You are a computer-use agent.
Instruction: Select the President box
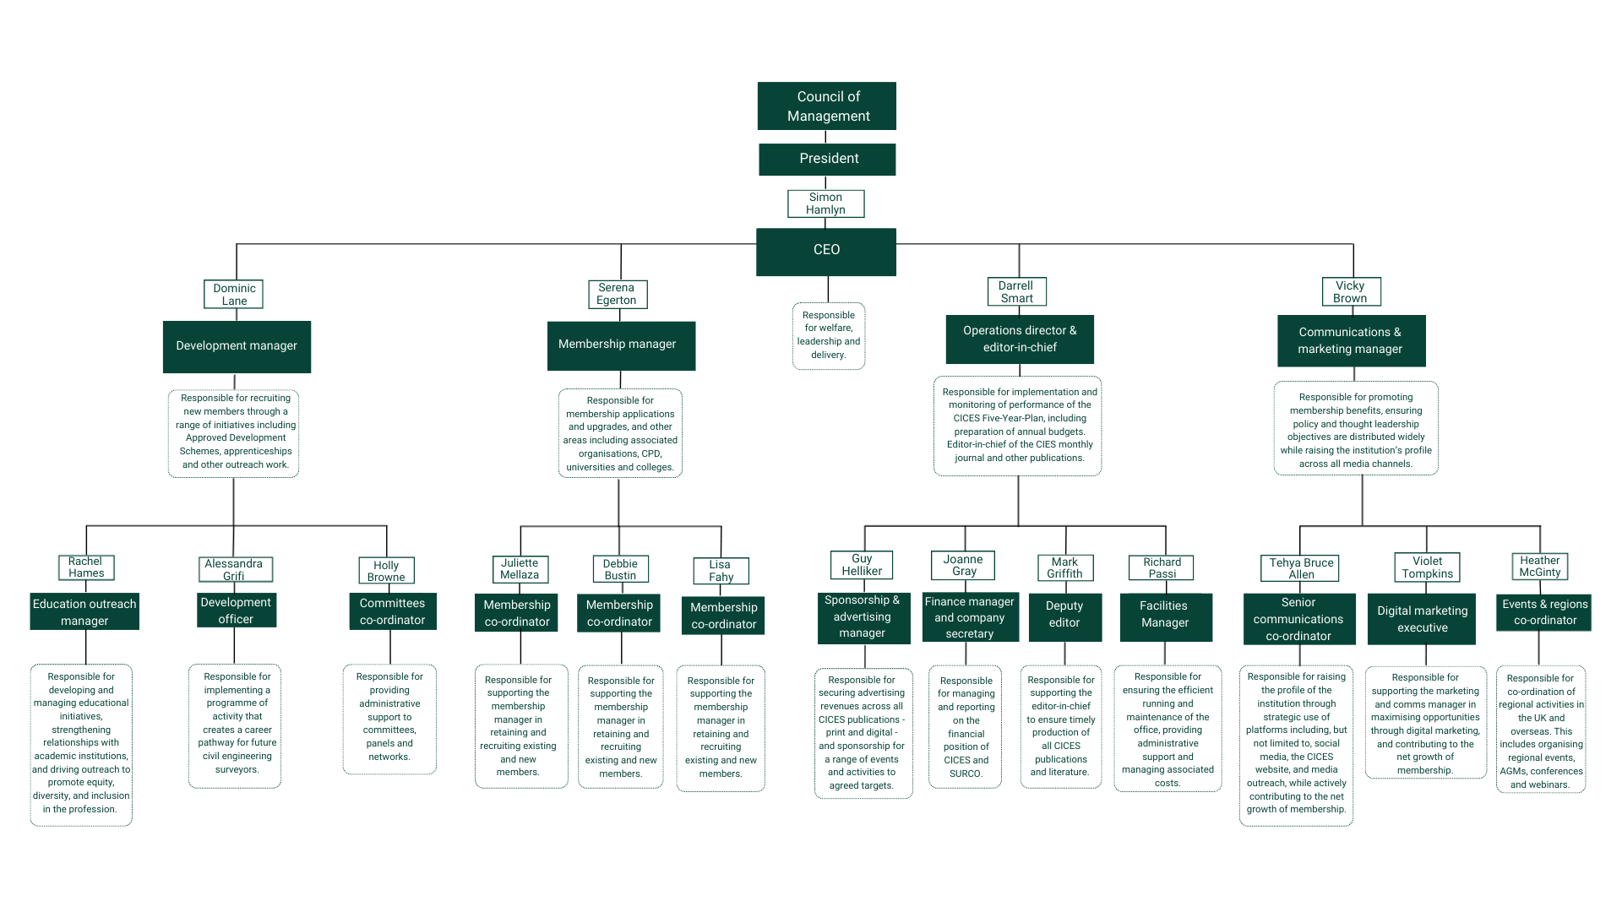click(x=827, y=159)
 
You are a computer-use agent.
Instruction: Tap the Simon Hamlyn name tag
click(x=825, y=204)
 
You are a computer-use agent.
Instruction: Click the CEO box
click(x=825, y=251)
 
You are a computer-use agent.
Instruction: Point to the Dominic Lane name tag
click(x=234, y=295)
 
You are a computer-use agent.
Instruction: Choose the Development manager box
click(x=237, y=346)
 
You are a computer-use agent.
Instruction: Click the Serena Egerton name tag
click(x=617, y=294)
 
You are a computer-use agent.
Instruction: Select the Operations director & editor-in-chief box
click(x=1020, y=339)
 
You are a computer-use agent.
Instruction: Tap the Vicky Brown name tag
click(x=1350, y=292)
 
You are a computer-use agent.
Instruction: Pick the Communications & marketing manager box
click(x=1350, y=341)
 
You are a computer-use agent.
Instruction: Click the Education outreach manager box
click(x=84, y=612)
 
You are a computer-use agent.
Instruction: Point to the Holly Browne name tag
click(x=386, y=571)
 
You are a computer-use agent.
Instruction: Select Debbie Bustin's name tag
click(x=620, y=569)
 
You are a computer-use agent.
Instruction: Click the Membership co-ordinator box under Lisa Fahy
click(x=723, y=616)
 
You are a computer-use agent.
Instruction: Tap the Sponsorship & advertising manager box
click(x=863, y=617)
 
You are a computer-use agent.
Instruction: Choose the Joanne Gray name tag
click(x=963, y=565)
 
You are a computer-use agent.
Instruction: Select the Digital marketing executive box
click(x=1422, y=620)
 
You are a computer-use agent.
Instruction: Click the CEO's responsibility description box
click(x=829, y=335)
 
